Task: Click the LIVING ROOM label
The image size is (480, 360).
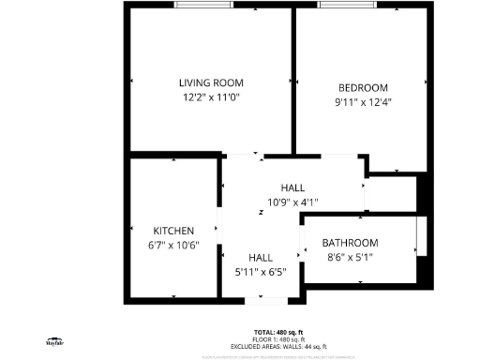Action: pyautogui.click(x=211, y=83)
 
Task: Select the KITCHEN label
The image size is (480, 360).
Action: pyautogui.click(x=173, y=232)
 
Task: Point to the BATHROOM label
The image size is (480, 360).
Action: pyautogui.click(x=352, y=243)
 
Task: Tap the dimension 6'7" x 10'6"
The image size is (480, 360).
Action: pyautogui.click(x=173, y=246)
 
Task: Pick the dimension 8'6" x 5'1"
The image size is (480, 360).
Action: pyautogui.click(x=352, y=257)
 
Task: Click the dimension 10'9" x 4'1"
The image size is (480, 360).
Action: pyautogui.click(x=293, y=202)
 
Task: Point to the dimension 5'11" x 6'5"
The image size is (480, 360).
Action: pyautogui.click(x=260, y=272)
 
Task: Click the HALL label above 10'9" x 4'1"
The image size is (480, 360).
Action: pyautogui.click(x=293, y=188)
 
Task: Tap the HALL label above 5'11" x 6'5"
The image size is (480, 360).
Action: pyautogui.click(x=260, y=258)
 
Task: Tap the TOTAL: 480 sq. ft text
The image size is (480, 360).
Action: pyautogui.click(x=278, y=333)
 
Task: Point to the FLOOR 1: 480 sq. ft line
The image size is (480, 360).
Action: pyautogui.click(x=278, y=338)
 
